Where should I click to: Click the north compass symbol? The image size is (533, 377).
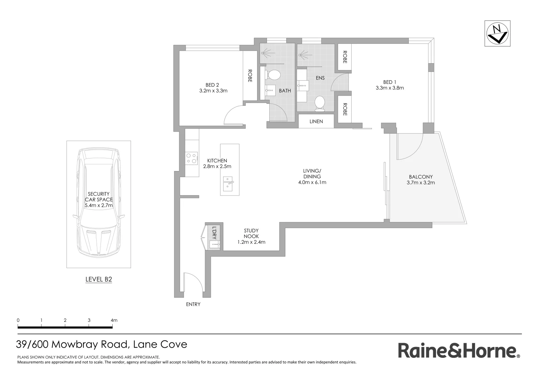[497, 33]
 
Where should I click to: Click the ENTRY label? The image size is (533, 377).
[193, 304]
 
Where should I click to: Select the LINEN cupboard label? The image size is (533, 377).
[316, 121]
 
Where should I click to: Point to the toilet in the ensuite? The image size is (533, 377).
[320, 104]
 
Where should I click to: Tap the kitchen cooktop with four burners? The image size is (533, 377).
[192, 158]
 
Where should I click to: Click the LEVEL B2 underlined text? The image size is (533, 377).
[99, 279]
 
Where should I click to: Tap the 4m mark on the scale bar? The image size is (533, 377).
[113, 320]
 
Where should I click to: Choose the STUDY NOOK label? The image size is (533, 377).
[251, 234]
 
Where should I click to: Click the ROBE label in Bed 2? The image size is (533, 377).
[250, 76]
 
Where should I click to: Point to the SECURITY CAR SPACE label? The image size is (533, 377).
[99, 197]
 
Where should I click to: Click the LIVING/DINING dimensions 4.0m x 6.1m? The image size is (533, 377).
[312, 182]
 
